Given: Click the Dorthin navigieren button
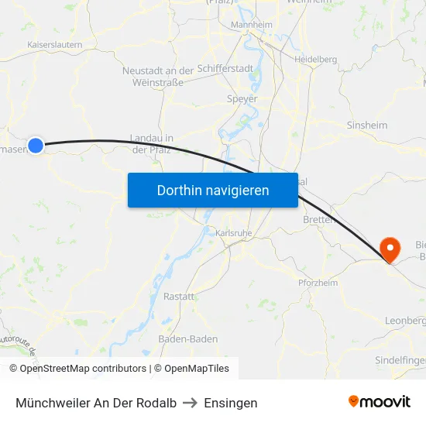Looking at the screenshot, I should (213, 190).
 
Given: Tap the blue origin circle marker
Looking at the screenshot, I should (36, 145).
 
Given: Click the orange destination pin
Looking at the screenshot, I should (390, 249).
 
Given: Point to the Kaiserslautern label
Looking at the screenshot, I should (54, 45).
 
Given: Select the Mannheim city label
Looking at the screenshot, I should (252, 25).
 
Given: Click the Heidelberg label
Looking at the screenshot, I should (315, 59).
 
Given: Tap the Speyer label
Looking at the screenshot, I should (242, 98).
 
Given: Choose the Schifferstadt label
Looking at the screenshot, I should (225, 69).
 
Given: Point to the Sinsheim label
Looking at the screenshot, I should (367, 125).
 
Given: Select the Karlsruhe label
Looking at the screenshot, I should (233, 232).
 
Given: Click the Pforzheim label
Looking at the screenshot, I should (318, 283).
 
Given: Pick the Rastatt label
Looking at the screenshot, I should (179, 296).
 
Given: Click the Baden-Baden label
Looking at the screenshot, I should (187, 338).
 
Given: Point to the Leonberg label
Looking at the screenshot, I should (406, 320).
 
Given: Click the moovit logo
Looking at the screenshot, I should (380, 401).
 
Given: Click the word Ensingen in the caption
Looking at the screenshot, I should (231, 403).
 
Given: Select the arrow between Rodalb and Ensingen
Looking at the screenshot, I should (191, 403).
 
